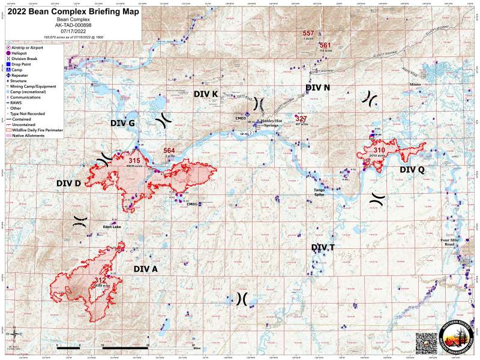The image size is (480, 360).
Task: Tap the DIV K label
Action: (x=206, y=94)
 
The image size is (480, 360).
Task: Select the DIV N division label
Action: (x=317, y=88)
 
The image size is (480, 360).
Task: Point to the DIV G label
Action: (x=122, y=123)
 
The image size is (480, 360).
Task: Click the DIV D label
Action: (x=68, y=182)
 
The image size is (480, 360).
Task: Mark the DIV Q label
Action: (x=412, y=170)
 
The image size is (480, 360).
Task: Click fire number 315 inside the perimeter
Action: (x=134, y=160)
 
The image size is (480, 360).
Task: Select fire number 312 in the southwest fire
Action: (x=100, y=280)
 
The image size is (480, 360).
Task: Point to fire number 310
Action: (x=379, y=150)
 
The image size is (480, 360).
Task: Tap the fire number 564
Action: (x=169, y=151)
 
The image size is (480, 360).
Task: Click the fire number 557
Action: (x=308, y=33)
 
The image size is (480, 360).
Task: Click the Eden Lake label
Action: (x=112, y=227)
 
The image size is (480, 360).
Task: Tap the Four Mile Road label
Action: (x=449, y=243)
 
